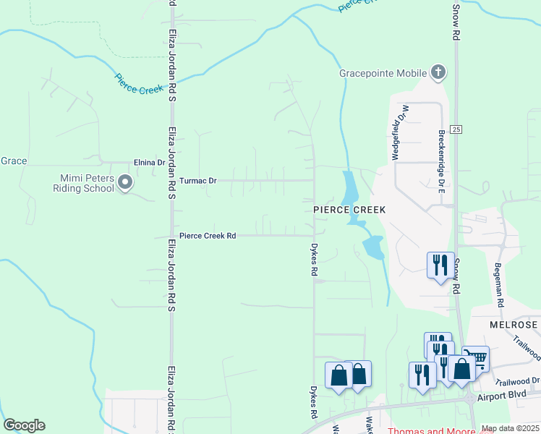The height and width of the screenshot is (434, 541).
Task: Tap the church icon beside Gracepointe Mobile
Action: pyautogui.click(x=438, y=72)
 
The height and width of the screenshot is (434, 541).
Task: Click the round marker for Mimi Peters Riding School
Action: pyautogui.click(x=125, y=183)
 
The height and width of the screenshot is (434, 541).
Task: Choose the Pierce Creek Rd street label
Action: pyautogui.click(x=208, y=236)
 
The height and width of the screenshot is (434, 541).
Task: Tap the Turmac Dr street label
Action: pyautogui.click(x=197, y=180)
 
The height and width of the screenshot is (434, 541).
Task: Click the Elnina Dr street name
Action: pyautogui.click(x=149, y=163)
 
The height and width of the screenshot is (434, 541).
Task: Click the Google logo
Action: pyautogui.click(x=24, y=425)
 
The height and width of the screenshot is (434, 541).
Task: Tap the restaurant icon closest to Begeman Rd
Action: pyautogui.click(x=440, y=264)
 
